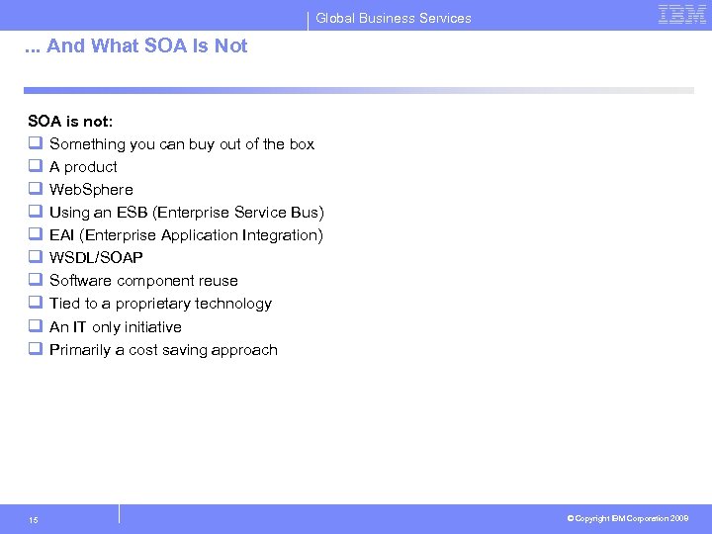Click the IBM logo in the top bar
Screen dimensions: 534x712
click(682, 15)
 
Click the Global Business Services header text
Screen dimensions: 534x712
click(394, 18)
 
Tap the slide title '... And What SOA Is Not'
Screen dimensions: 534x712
click(137, 45)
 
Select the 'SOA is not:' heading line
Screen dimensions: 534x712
click(70, 121)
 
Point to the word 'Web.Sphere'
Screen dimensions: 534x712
click(91, 190)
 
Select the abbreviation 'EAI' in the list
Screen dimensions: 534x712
click(62, 235)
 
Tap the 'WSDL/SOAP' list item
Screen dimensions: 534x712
click(96, 258)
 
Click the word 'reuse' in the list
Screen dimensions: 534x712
click(218, 281)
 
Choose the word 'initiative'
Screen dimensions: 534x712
click(152, 327)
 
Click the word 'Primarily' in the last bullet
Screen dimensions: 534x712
click(80, 350)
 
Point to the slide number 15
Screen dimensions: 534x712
click(34, 519)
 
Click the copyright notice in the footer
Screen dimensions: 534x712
click(629, 518)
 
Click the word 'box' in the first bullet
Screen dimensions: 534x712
click(302, 144)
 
